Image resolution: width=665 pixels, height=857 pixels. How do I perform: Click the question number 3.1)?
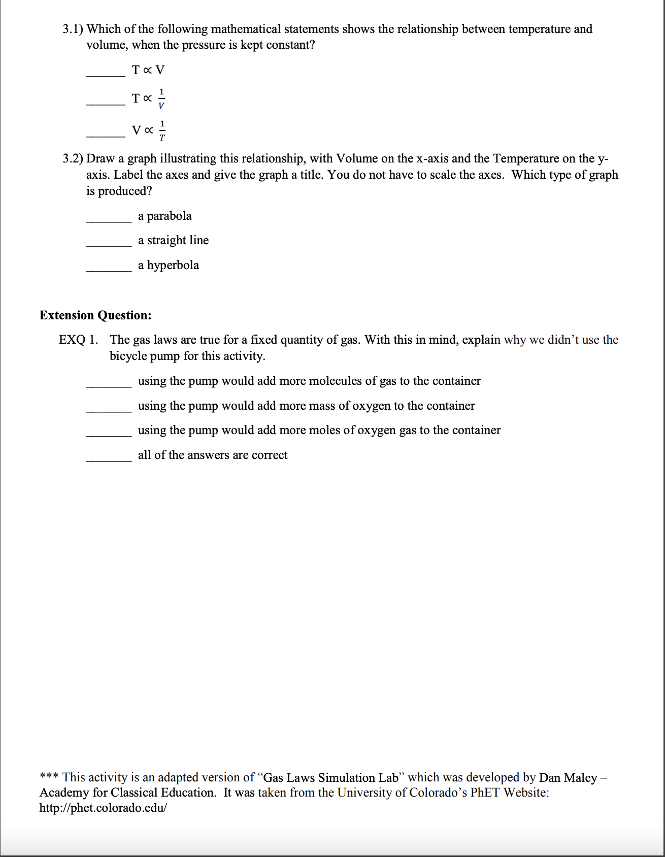[x=73, y=29]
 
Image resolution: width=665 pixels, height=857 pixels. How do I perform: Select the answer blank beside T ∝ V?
[x=106, y=74]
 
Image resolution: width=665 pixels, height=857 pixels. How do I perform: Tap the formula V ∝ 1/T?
[x=149, y=130]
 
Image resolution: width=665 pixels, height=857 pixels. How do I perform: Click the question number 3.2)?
[x=73, y=159]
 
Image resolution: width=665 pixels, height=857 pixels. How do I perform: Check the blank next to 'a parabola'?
[x=109, y=220]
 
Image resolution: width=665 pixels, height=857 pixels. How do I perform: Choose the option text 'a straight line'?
[x=173, y=240]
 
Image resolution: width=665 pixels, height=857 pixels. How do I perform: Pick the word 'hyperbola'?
[x=173, y=265]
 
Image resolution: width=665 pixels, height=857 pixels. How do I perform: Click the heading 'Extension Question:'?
[x=95, y=315]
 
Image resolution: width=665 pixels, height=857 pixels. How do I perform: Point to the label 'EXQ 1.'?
[x=78, y=340]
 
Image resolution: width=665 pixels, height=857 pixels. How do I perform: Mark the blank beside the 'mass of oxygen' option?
[x=109, y=410]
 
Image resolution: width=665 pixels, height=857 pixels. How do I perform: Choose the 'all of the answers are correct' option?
[x=212, y=455]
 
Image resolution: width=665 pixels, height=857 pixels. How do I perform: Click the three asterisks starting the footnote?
[x=49, y=777]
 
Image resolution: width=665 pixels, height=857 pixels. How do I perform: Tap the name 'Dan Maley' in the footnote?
[x=568, y=777]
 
